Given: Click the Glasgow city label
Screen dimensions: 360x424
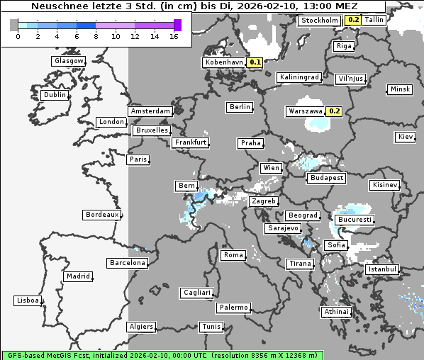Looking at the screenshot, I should point(68,61).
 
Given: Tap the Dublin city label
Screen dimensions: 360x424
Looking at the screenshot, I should point(55,95).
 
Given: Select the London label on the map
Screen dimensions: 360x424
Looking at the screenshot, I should point(111,122).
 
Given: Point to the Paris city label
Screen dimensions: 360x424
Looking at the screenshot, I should point(138,159).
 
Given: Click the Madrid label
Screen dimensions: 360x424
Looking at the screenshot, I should point(77,276).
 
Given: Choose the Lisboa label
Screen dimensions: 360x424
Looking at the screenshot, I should point(28,300).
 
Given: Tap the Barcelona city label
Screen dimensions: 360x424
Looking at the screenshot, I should point(127,263).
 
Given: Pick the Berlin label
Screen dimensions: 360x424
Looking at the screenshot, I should point(240,107).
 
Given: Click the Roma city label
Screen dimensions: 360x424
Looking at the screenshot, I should point(233,255).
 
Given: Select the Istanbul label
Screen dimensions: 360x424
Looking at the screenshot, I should point(382,269).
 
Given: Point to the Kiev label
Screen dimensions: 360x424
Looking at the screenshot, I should point(406,137).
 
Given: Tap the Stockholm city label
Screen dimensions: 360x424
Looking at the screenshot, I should point(319,21).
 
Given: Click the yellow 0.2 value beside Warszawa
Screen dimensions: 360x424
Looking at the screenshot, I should point(335,111).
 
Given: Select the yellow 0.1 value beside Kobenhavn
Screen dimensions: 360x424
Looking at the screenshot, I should point(255,62).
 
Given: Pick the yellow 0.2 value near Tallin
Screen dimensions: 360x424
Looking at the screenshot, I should point(353,20).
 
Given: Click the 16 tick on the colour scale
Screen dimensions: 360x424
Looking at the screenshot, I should point(174,36).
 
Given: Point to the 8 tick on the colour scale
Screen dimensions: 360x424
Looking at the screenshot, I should point(94,36).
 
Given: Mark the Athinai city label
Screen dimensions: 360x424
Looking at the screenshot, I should point(336,312).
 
